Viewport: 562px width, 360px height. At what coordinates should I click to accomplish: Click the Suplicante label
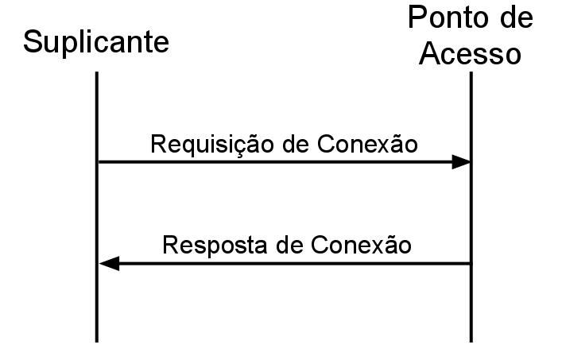(95, 42)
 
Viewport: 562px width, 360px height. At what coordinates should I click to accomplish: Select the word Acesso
(471, 53)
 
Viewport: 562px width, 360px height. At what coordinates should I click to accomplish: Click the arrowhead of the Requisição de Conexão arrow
(462, 162)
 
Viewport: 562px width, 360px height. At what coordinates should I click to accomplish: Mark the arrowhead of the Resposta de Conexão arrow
(108, 263)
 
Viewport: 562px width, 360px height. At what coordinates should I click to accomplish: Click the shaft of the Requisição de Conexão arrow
(278, 162)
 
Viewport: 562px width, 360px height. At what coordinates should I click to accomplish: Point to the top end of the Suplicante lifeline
(97, 74)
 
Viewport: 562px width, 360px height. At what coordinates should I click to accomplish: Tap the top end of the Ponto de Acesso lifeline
(471, 74)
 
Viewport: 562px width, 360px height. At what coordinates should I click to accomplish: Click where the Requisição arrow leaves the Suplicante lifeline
(98, 162)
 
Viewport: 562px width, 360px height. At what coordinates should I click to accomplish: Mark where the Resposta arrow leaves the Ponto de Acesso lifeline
(471, 263)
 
